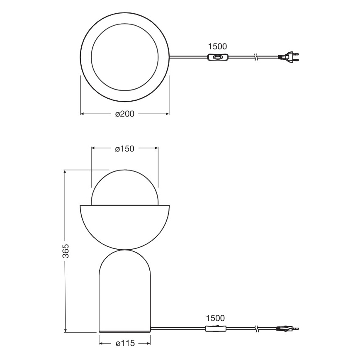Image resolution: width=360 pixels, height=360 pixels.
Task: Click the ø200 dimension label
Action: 124,114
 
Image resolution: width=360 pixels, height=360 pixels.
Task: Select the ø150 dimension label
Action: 124,148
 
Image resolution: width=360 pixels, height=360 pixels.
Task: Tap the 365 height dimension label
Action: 66,251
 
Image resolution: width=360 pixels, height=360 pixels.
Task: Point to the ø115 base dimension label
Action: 124,344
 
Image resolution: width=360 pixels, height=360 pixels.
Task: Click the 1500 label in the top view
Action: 218,47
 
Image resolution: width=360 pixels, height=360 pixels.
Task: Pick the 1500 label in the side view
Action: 215,318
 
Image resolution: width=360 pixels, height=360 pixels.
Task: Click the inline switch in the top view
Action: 218,58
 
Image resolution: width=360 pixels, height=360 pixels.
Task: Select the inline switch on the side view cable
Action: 216,329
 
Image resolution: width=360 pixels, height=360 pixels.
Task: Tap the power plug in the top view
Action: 290,58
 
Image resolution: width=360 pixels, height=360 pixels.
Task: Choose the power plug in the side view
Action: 289,329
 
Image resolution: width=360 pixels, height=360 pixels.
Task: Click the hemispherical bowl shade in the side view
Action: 124,226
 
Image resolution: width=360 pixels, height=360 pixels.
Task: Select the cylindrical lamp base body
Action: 124,294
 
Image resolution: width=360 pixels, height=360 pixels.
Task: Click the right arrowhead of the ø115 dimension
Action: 148,344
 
